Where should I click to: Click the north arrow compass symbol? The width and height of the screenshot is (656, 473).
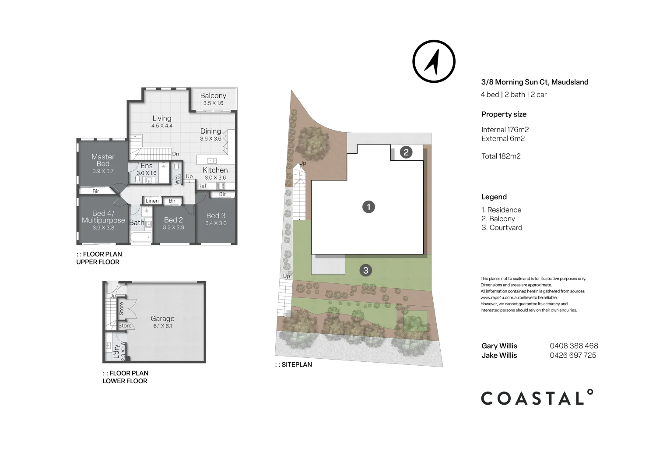[x=434, y=61]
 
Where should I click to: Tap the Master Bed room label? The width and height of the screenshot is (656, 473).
[x=103, y=160]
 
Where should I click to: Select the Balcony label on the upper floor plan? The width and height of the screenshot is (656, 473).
[x=213, y=95]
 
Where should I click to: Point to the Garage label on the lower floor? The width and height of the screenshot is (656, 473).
[x=162, y=319]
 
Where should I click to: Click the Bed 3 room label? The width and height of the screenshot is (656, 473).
[x=216, y=215]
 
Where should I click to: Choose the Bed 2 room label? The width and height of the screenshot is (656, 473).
[x=173, y=220]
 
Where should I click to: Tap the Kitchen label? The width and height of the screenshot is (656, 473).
[x=215, y=170]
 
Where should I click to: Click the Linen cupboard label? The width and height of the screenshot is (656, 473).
[x=152, y=201]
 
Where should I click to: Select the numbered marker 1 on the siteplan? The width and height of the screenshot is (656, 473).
[x=368, y=207]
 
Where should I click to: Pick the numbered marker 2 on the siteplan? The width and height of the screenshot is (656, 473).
[x=406, y=152]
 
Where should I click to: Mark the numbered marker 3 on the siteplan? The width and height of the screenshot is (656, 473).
[x=366, y=270]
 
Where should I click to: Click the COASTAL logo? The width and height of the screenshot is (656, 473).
[x=537, y=398]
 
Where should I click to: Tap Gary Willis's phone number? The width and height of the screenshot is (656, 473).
[x=574, y=346]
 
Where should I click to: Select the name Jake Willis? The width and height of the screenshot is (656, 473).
[x=499, y=356]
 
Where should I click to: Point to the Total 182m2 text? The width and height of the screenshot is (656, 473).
[x=501, y=156]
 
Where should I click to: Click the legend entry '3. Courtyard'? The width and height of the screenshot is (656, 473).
[x=502, y=228]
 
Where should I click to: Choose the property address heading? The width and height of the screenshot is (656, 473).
[x=534, y=82]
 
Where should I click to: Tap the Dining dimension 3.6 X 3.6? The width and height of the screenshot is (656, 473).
[x=210, y=139]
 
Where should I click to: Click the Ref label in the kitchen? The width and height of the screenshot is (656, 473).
[x=202, y=186]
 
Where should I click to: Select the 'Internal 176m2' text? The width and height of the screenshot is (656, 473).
[x=505, y=130]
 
